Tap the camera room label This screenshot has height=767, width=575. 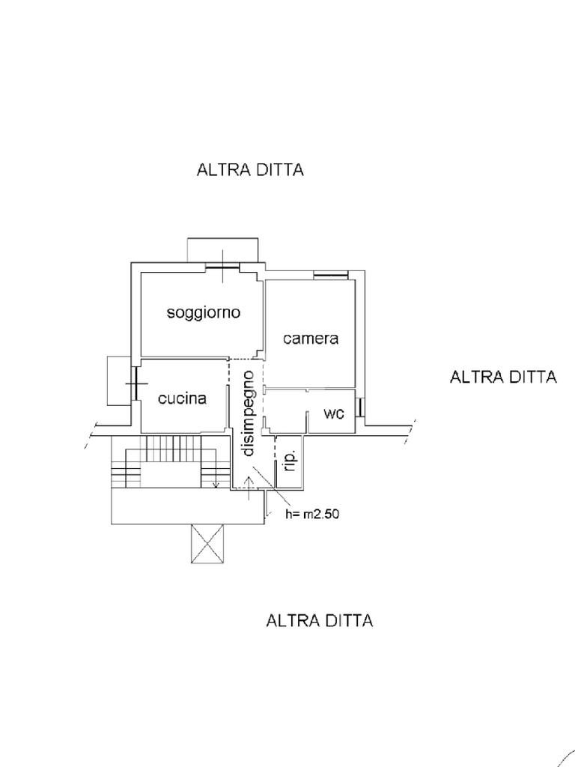[311, 339]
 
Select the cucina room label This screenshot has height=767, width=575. [183, 398]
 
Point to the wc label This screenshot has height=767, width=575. [334, 413]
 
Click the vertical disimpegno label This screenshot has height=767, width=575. [249, 413]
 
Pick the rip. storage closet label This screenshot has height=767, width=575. [290, 461]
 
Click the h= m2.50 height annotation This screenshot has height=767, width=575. [312, 515]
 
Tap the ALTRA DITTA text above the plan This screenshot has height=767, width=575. [250, 170]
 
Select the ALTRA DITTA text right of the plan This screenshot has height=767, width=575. [503, 378]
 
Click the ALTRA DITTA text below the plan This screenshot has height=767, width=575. [319, 621]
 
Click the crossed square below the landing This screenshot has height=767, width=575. [207, 544]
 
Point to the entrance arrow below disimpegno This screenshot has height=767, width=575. [249, 488]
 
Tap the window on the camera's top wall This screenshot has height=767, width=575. [330, 276]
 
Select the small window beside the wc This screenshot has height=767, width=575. [360, 407]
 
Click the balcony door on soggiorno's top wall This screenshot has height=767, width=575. [222, 267]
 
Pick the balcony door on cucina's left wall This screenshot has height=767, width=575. [134, 383]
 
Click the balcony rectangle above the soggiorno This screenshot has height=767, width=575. [222, 250]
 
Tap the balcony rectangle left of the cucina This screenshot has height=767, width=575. [119, 381]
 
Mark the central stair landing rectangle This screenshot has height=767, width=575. [171, 476]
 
